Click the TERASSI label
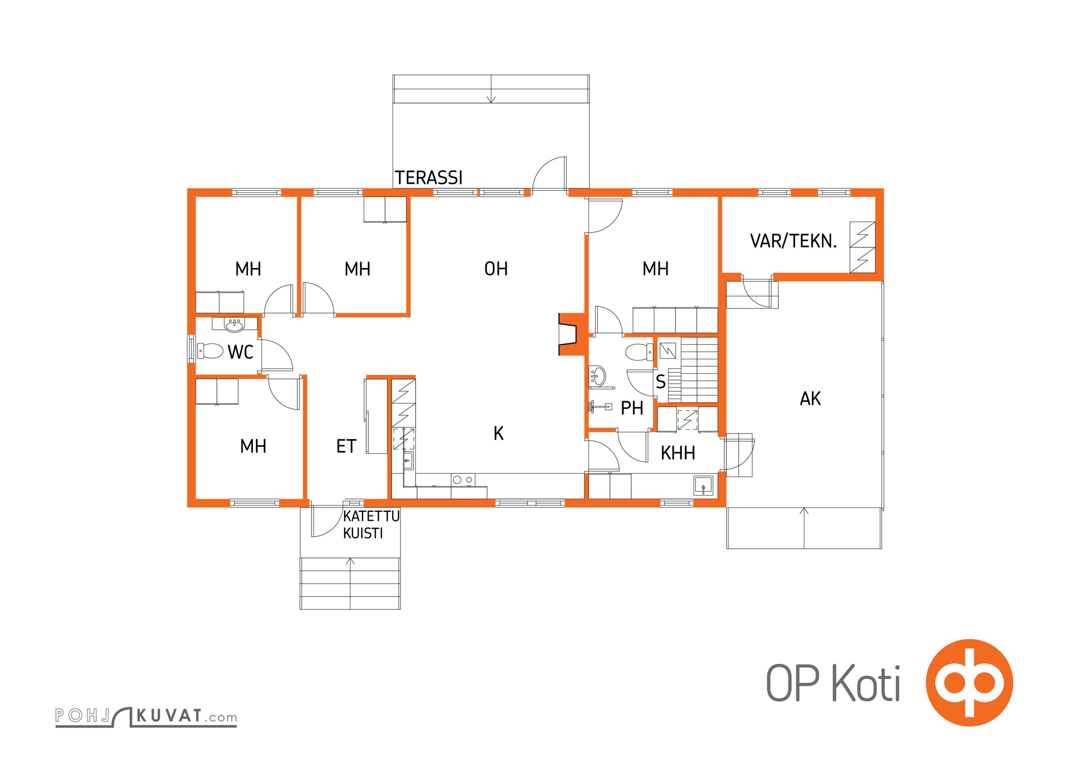coord(428,178)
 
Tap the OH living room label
coord(496,269)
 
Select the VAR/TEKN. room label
coord(794,241)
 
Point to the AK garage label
coord(810,398)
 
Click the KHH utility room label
coord(678,453)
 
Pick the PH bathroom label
coord(632,408)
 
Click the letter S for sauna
coord(660,381)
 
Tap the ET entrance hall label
coord(346,446)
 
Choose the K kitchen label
coord(498,433)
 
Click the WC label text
coord(241,352)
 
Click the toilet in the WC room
coord(210,351)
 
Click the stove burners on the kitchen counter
coord(463,480)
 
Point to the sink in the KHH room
coord(703,486)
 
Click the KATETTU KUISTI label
coord(371,524)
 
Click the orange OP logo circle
coord(970,682)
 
